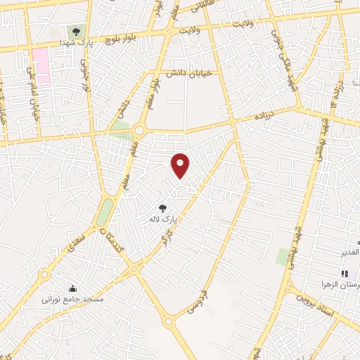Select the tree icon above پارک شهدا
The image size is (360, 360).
tap(76, 31)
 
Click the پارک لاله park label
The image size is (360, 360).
tap(161, 220)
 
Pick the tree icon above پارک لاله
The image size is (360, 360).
tap(163, 208)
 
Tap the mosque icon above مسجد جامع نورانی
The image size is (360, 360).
tap(72, 288)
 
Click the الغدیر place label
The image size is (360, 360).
tap(348, 252)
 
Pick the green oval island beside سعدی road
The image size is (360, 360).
tap(105, 211)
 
